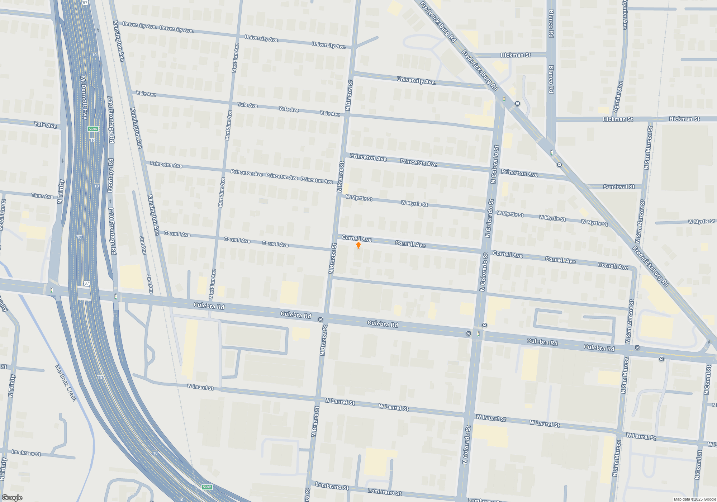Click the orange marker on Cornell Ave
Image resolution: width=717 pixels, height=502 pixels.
click(x=358, y=245)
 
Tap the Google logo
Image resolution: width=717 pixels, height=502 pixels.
click(x=12, y=498)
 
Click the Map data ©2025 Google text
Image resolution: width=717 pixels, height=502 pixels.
click(x=695, y=499)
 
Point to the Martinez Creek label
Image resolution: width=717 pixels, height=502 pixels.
click(x=66, y=383)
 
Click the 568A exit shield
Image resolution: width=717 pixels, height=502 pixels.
click(x=93, y=129)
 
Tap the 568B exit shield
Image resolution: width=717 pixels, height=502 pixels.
click(x=207, y=487)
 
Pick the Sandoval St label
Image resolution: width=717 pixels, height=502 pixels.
click(x=619, y=187)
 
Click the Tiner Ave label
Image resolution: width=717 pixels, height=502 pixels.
click(x=42, y=196)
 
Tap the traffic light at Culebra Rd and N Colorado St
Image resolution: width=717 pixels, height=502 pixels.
click(x=478, y=334)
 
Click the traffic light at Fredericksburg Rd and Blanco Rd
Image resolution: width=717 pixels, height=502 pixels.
click(x=552, y=153)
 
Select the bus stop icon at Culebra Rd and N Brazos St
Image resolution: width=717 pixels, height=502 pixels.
click(x=320, y=319)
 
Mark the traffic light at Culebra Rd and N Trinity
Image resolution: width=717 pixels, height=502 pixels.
click(x=52, y=290)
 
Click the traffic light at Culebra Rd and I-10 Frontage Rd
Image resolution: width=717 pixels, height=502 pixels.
click(x=116, y=297)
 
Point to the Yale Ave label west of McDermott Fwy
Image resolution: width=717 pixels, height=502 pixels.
click(x=46, y=125)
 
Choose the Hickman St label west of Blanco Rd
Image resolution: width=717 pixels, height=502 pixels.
click(x=516, y=55)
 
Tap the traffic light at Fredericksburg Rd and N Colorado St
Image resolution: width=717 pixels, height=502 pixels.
click(x=504, y=99)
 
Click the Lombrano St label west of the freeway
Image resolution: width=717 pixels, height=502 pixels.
click(x=26, y=453)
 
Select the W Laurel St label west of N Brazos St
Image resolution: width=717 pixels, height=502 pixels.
click(x=200, y=387)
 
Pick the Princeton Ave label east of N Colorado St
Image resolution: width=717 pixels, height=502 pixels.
click(x=519, y=173)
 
